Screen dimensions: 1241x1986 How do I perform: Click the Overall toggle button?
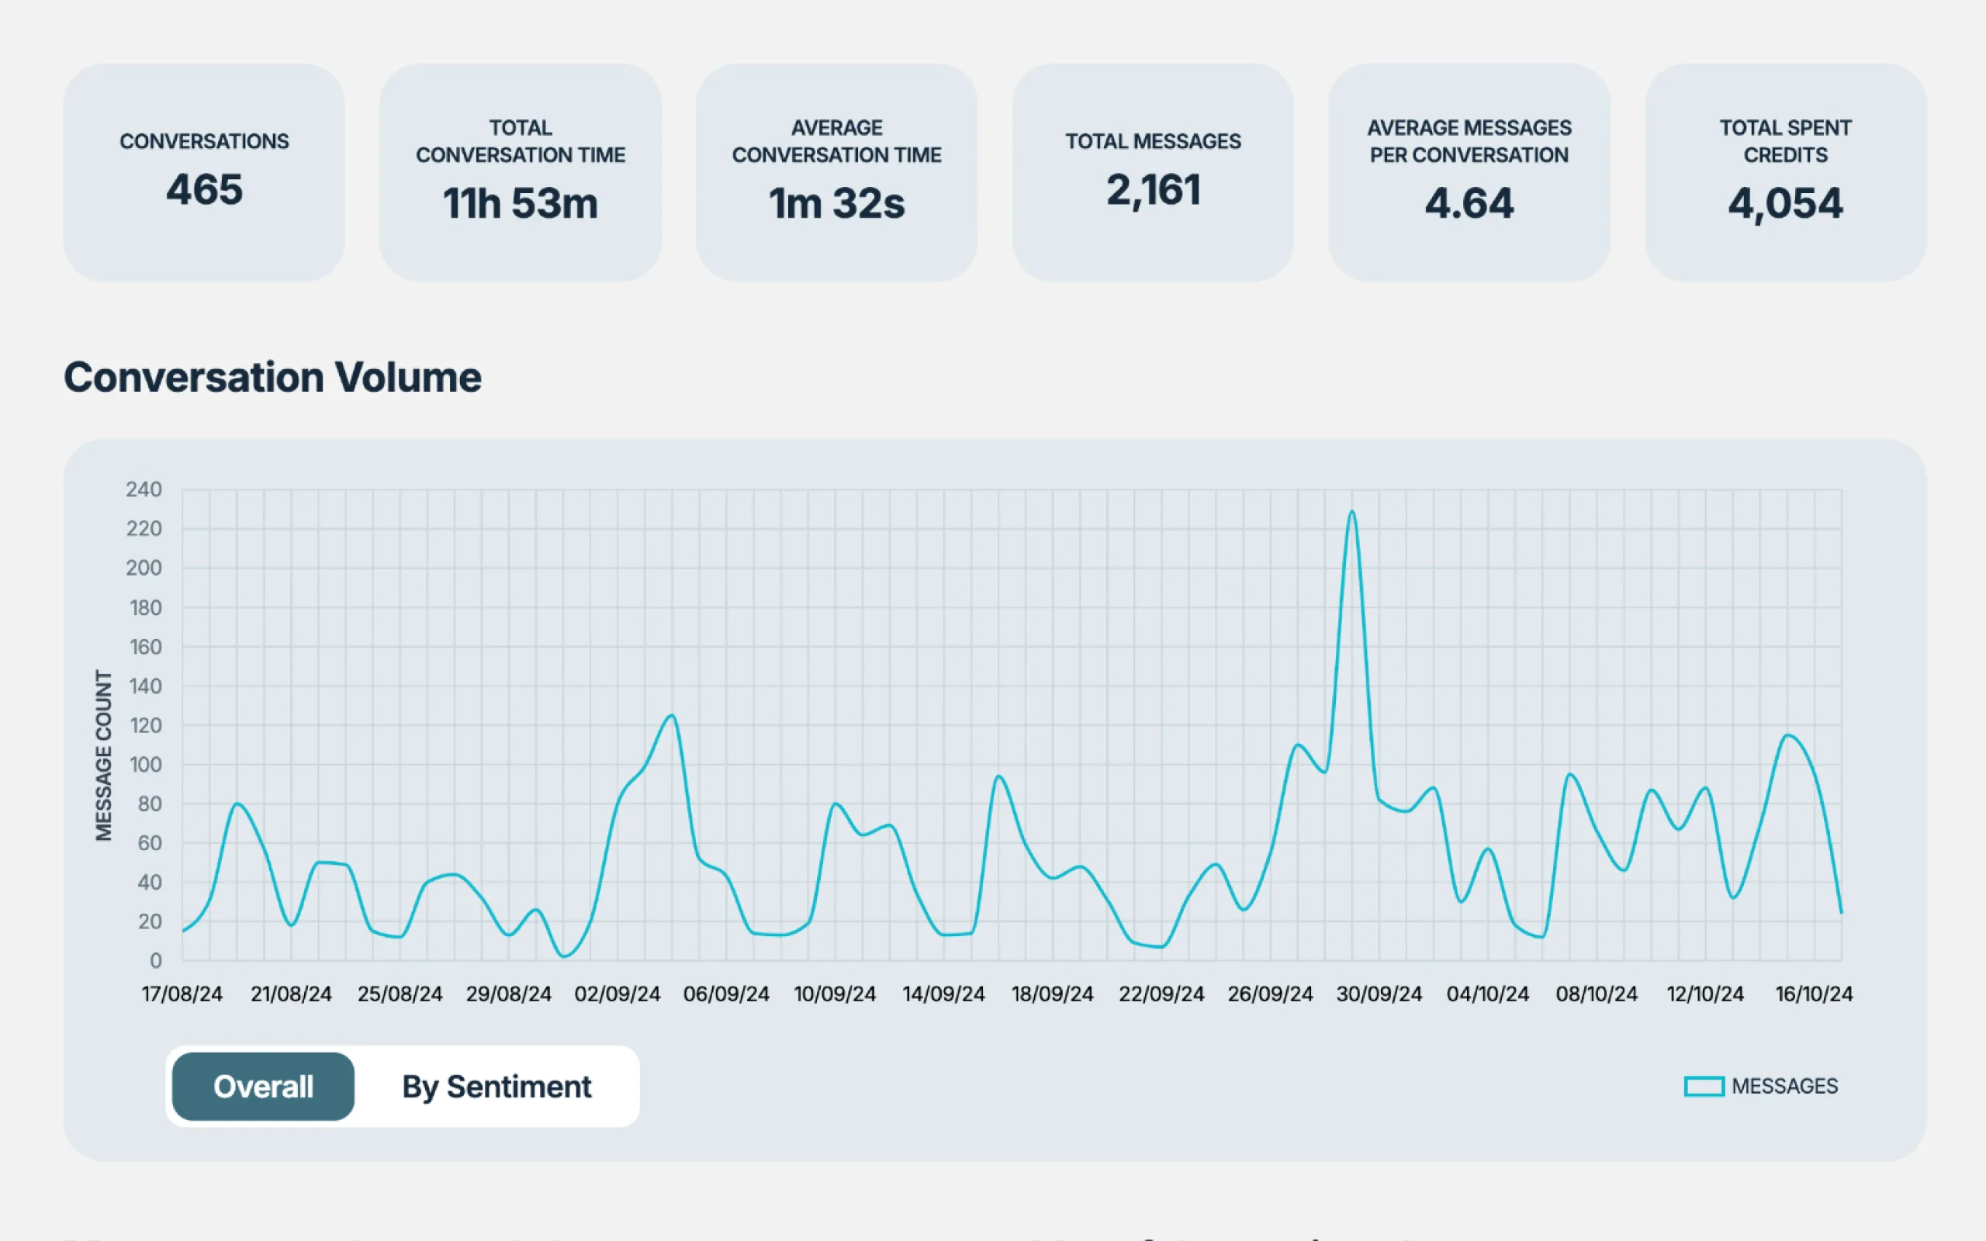[x=263, y=1086]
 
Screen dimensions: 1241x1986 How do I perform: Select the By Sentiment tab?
[x=496, y=1086]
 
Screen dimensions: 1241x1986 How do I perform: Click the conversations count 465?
[x=203, y=189]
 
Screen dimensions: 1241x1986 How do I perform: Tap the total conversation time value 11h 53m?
[x=521, y=203]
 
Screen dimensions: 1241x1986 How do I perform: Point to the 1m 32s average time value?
[x=836, y=203]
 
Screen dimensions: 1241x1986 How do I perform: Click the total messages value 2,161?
[x=1153, y=189]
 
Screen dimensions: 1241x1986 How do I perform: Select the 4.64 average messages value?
[x=1469, y=203]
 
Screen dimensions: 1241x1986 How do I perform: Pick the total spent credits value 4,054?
[x=1785, y=203]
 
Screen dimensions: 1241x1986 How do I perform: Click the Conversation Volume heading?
[x=272, y=378]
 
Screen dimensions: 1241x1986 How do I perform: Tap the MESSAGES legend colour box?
[x=1704, y=1086]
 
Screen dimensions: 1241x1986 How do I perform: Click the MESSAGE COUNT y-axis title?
[x=103, y=755]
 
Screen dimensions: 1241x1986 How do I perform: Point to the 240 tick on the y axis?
[x=144, y=489]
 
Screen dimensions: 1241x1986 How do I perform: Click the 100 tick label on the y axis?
[x=145, y=764]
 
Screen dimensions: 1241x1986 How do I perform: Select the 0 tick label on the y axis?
[x=155, y=960]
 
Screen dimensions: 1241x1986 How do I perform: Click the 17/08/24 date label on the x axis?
[x=182, y=994]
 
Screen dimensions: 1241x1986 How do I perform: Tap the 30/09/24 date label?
[x=1379, y=994]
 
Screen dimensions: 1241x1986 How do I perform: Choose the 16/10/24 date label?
[x=1814, y=994]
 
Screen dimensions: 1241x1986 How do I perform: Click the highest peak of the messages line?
[x=1351, y=512]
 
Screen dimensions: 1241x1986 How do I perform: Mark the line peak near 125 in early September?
[x=672, y=716]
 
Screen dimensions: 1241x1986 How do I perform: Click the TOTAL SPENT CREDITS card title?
[x=1785, y=141]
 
